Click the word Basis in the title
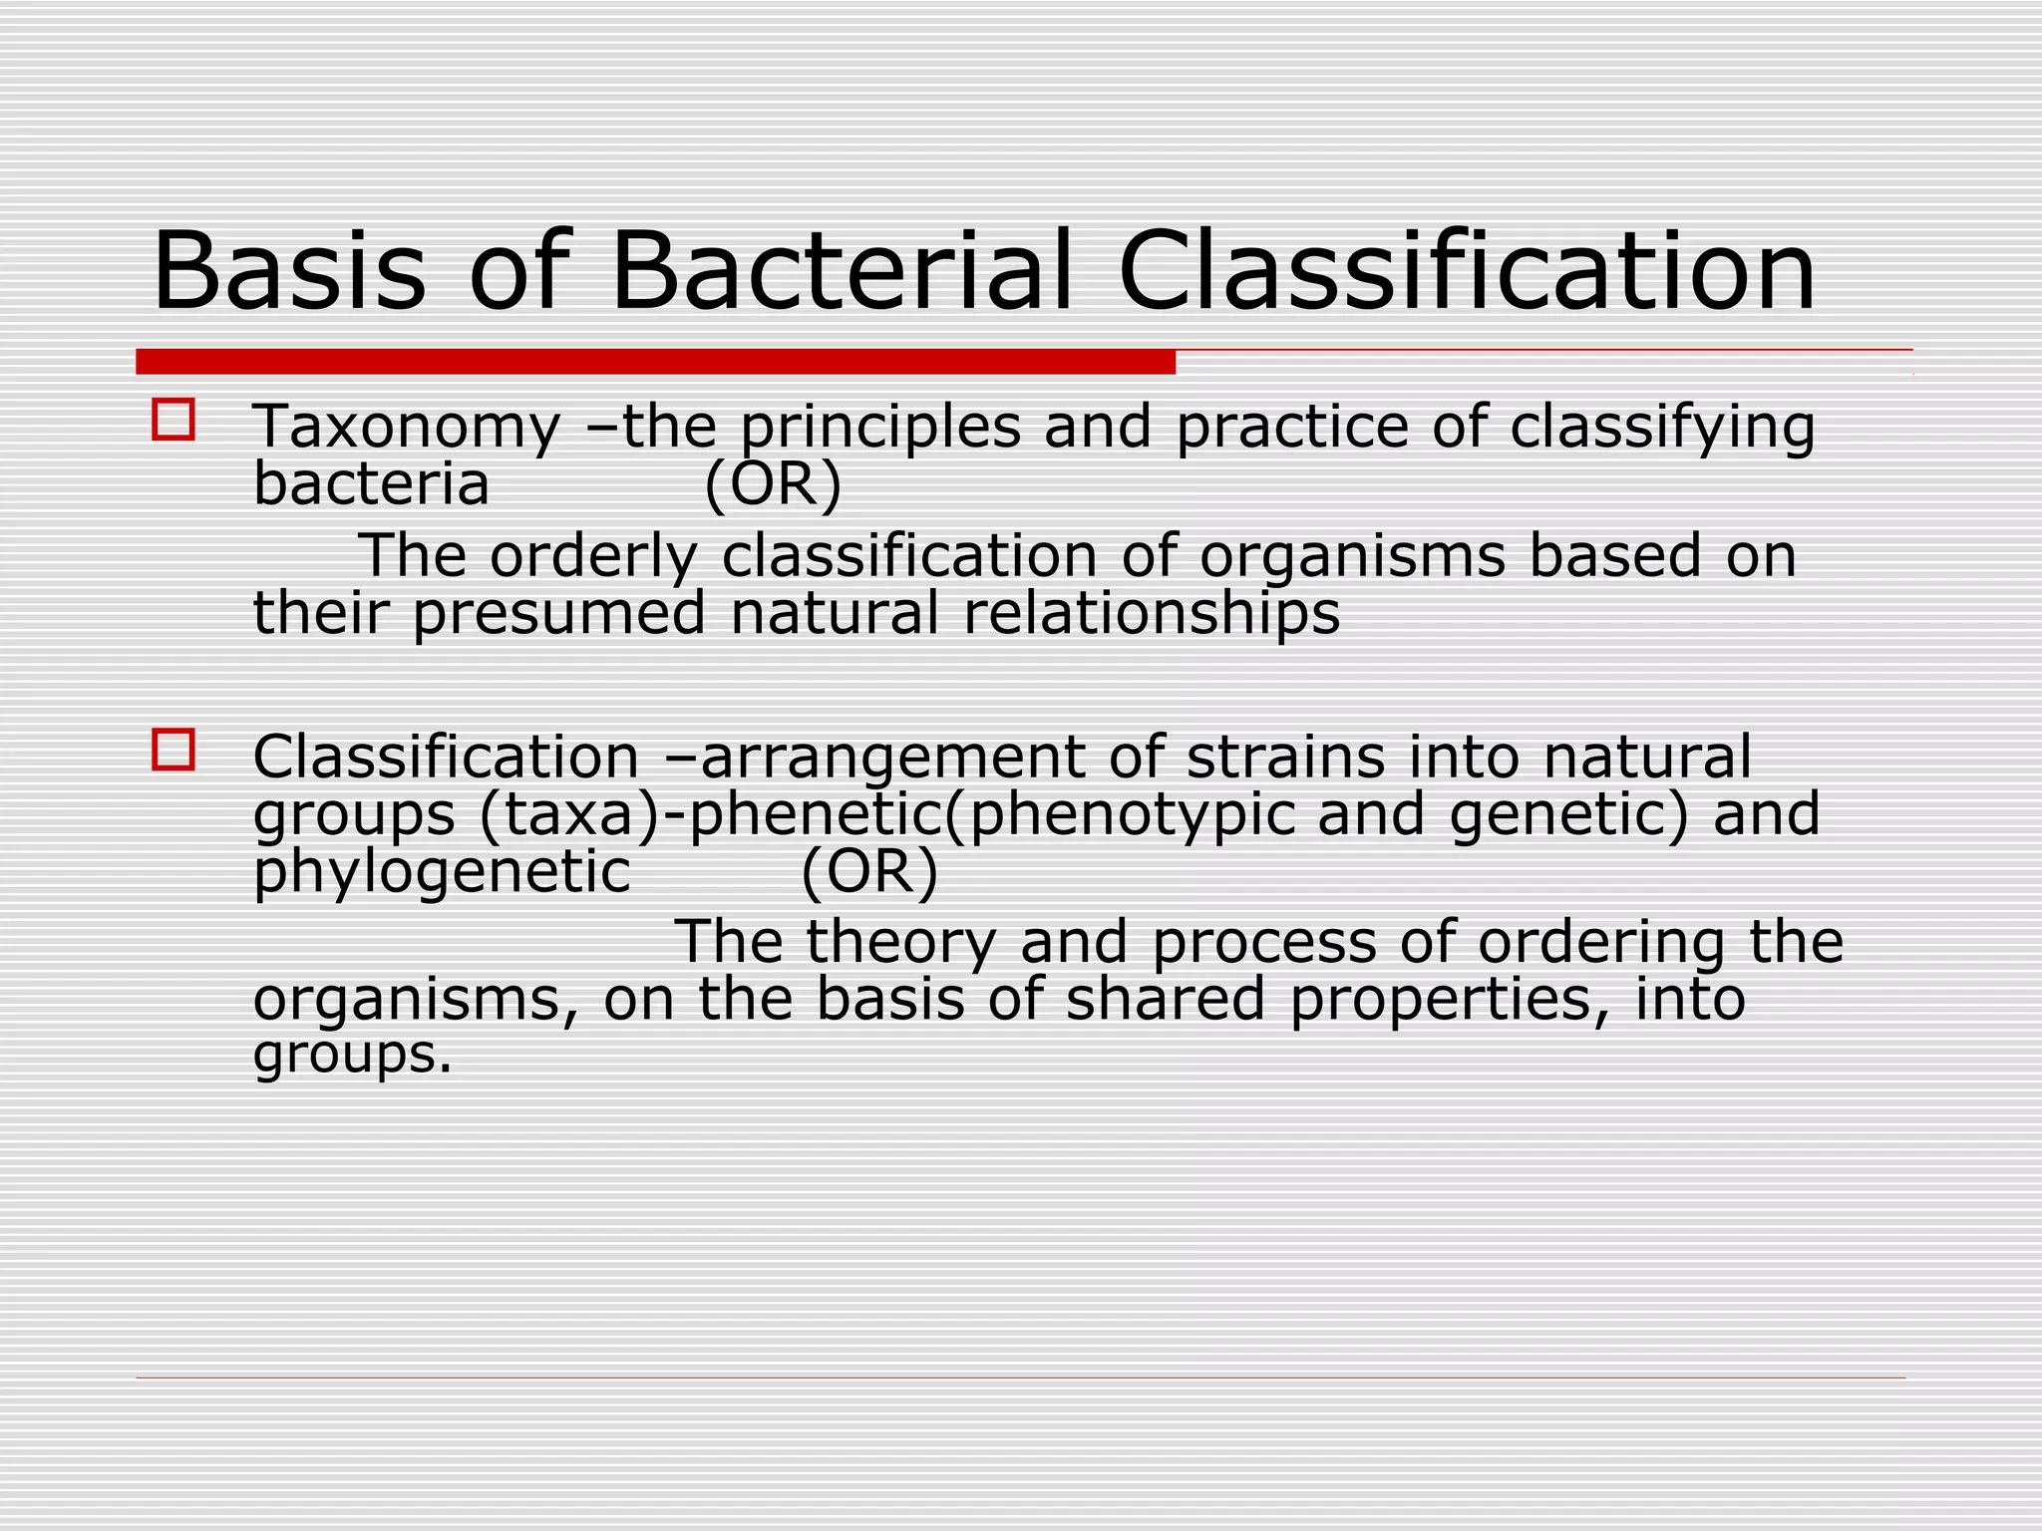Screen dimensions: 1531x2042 [289, 271]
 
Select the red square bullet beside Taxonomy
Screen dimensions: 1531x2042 [173, 420]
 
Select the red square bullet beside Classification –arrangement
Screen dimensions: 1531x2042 [173, 750]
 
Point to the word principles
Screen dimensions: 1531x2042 [880, 429]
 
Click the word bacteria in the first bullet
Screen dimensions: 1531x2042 [371, 485]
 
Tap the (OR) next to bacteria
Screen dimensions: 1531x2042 [773, 485]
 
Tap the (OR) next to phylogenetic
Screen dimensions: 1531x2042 [869, 872]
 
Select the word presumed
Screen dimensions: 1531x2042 [558, 613]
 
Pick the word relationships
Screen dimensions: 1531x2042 [1152, 613]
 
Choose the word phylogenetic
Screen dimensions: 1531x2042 [442, 873]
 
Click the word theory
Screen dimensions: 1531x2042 [900, 942]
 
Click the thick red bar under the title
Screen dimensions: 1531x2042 [655, 362]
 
